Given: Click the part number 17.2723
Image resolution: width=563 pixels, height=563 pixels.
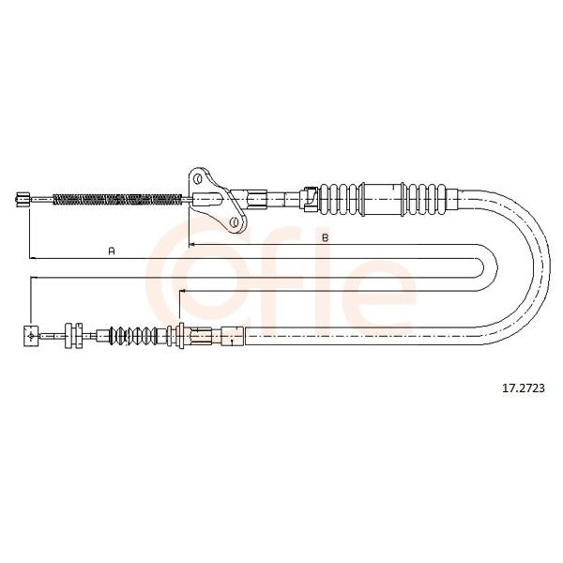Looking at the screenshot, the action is pos(524,388).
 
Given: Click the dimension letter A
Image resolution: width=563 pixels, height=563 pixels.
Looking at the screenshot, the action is pos(112,251).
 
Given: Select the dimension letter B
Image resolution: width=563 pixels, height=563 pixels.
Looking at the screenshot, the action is pos(326,237).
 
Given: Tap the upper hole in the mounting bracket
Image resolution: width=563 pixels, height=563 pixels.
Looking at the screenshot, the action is pos(197,178).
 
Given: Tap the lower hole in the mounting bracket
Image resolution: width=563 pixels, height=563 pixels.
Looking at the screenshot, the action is pos(234,222).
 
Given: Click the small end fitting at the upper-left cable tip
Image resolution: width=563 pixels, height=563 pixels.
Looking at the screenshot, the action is pos(23,199).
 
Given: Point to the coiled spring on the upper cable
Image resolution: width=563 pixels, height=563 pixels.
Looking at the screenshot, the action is pos(117,199).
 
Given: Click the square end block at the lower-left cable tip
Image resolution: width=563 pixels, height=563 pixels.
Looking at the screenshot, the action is pos(31,336).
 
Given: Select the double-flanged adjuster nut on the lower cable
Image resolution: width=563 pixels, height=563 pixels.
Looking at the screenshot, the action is pos(73,336).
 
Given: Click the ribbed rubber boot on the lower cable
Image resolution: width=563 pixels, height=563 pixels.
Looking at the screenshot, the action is pos(133,336).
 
